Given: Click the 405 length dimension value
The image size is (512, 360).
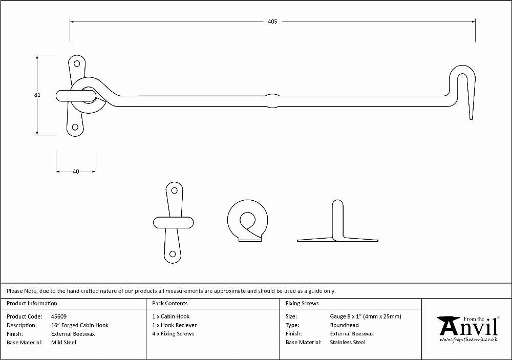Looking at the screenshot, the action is click(x=272, y=22).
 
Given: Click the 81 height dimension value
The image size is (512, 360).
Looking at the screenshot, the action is click(x=37, y=95).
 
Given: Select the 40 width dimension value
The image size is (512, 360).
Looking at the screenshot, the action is click(x=76, y=172).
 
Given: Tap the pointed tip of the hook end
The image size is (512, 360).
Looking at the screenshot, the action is click(x=471, y=119).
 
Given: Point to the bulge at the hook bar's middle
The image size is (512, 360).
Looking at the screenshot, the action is click(x=273, y=101).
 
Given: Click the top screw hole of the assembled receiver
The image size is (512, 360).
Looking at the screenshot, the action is click(x=77, y=63).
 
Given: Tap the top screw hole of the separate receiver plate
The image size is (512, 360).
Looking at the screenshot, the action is click(x=175, y=190).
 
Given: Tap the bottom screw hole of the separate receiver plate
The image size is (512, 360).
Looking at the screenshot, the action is click(x=173, y=254).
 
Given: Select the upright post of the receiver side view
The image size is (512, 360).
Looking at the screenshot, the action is click(x=337, y=219).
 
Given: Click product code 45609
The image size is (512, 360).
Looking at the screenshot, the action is click(x=59, y=316).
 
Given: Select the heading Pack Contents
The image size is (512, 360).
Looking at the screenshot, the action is click(x=170, y=304).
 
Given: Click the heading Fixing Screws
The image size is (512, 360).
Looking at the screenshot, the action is click(x=302, y=304).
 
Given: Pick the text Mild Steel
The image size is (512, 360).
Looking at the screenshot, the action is click(x=63, y=343).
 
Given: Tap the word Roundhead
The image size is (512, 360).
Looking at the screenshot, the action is click(x=344, y=325).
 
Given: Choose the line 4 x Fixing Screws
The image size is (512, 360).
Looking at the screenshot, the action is click(x=173, y=334).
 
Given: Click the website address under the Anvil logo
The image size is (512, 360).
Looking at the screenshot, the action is click(x=468, y=340).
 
